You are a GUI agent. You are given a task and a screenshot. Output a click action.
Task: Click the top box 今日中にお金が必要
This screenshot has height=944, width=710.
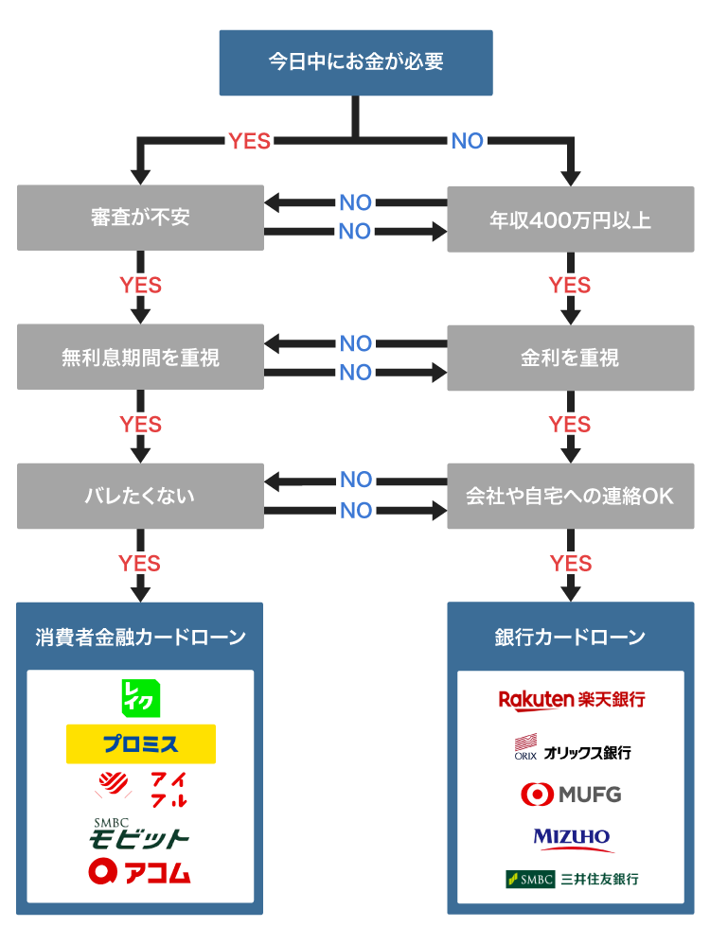[356, 62]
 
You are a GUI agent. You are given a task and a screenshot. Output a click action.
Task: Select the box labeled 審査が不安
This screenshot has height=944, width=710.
[140, 218]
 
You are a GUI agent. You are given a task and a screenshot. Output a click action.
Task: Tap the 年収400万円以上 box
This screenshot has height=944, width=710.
[571, 219]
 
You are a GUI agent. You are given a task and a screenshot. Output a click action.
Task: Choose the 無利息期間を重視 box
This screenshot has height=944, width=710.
[140, 358]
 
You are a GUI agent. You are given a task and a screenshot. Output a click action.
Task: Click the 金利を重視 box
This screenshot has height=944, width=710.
[571, 358]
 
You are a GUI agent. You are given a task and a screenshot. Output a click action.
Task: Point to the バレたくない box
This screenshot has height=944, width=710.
[140, 496]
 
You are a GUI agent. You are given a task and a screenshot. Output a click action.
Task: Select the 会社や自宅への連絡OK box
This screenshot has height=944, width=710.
[571, 496]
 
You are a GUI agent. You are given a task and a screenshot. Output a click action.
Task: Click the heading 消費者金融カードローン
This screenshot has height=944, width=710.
[140, 637]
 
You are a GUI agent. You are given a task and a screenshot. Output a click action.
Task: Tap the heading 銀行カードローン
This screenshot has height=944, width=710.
[571, 637]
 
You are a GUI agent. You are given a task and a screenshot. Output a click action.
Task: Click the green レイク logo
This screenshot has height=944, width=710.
[141, 698]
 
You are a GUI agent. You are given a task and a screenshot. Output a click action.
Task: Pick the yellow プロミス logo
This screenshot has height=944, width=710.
[141, 744]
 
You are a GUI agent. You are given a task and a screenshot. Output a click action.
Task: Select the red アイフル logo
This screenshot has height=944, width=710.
[141, 789]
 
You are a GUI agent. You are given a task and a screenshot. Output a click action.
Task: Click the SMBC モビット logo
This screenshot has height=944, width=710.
[139, 833]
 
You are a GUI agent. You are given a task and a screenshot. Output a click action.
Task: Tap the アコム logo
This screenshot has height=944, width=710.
[140, 872]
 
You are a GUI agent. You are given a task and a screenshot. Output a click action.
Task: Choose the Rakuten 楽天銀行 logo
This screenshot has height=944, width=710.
[571, 700]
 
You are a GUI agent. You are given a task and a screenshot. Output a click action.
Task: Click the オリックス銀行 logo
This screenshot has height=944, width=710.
[571, 750]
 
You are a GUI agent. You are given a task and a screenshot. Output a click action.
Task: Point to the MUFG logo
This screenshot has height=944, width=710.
[571, 794]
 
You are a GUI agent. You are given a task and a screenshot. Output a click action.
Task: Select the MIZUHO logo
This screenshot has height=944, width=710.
[571, 837]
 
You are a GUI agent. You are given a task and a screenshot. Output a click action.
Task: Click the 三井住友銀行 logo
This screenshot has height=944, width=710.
[571, 879]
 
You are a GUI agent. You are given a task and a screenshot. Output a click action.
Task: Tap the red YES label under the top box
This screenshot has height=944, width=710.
[249, 142]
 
